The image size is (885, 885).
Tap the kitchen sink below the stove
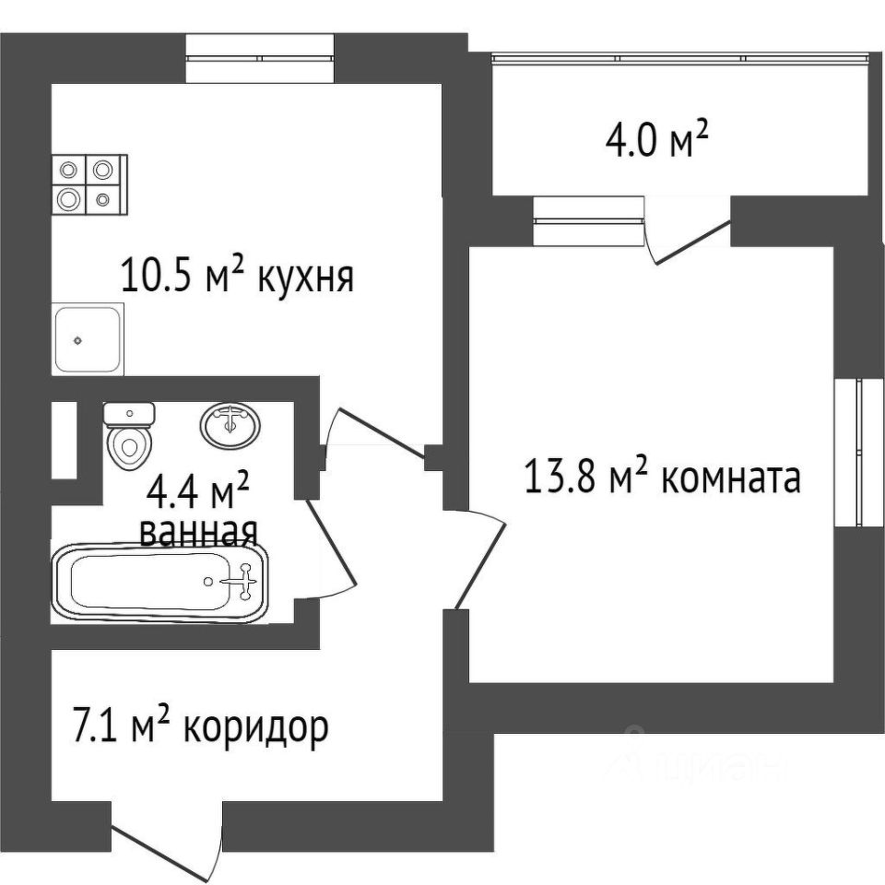[87, 339]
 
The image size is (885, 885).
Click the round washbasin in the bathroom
[230, 425]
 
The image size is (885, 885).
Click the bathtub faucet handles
[242, 581]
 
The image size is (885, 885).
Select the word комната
[730, 478]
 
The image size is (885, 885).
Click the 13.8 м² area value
[588, 478]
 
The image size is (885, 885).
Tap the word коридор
[255, 729]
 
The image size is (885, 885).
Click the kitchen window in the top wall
[260, 58]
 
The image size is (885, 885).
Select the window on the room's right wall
[858, 453]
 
